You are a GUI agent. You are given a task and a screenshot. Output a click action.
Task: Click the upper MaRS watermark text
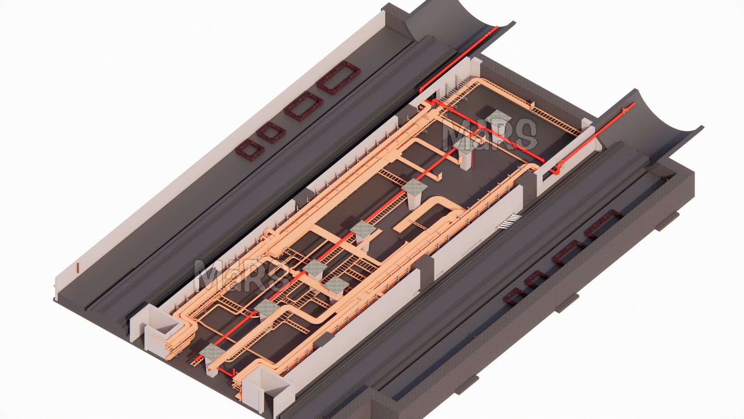491,135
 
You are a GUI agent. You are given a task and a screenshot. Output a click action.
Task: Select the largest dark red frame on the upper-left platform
339,77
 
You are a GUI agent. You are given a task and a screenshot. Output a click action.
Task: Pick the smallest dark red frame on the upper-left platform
250,149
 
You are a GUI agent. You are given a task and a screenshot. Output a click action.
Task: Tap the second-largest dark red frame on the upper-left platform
304,106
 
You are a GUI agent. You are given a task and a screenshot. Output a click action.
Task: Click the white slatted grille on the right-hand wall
509,221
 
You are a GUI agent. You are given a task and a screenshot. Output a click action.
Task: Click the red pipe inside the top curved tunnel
458,59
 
